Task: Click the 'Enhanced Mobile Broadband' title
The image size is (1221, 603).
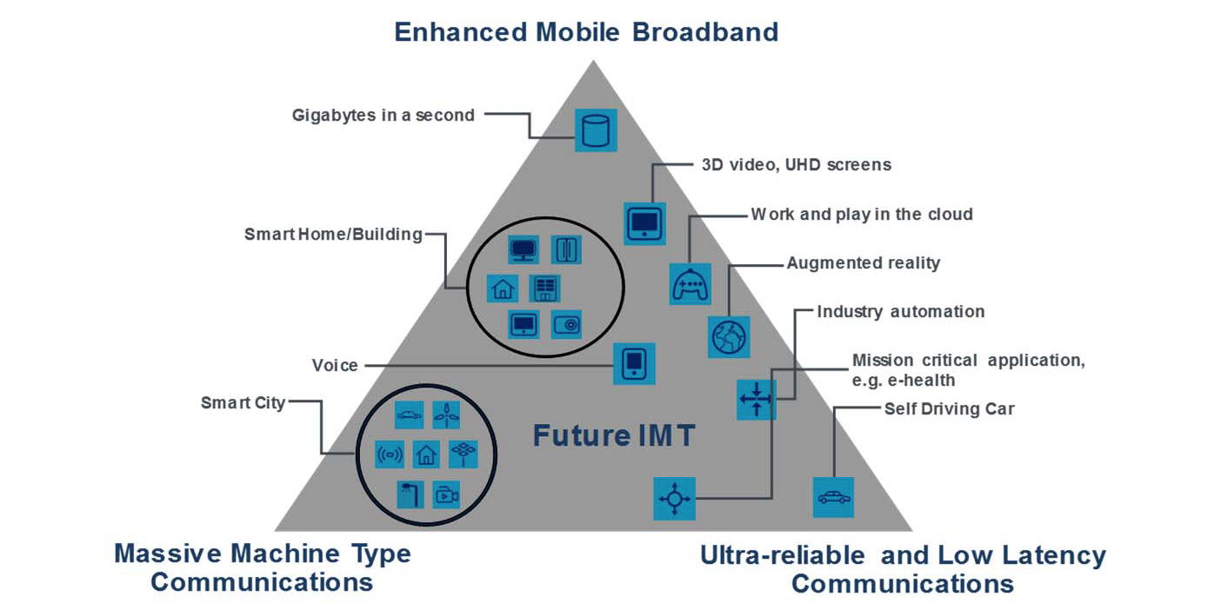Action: [585, 32]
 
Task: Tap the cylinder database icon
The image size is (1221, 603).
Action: [596, 130]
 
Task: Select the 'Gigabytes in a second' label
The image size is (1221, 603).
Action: [383, 115]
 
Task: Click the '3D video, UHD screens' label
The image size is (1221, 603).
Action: [796, 164]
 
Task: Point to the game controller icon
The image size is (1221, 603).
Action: [691, 284]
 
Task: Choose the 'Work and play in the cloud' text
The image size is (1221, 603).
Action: [861, 214]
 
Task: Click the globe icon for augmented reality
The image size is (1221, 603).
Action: [729, 336]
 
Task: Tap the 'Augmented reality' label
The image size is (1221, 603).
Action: [863, 262]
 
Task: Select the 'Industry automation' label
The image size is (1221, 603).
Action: [900, 311]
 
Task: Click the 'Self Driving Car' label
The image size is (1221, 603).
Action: [949, 408]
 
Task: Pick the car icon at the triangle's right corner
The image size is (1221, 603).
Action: [832, 498]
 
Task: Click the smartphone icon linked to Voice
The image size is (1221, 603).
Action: [634, 363]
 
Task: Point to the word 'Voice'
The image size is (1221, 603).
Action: [335, 366]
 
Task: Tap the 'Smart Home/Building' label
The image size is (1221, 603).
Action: [333, 235]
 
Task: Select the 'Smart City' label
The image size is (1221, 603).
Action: [243, 402]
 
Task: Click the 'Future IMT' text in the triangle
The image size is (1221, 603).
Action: [614, 434]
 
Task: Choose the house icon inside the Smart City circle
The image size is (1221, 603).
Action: [426, 454]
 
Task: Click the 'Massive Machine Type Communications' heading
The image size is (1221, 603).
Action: [262, 567]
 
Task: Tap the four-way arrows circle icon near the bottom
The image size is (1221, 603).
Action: [674, 499]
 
